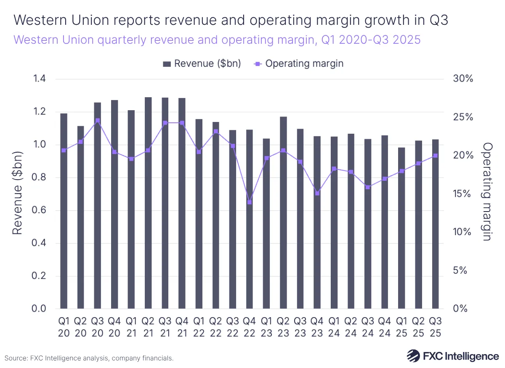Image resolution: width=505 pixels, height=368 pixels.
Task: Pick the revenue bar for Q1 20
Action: (x=64, y=211)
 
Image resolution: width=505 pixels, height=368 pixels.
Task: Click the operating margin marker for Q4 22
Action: (x=250, y=202)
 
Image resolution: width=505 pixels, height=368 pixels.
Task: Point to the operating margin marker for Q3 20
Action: (x=98, y=120)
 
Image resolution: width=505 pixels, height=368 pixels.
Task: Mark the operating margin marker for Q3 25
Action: (x=436, y=156)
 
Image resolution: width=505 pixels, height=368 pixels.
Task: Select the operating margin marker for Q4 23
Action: (x=317, y=193)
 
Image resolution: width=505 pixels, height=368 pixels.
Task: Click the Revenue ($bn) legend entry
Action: (x=202, y=64)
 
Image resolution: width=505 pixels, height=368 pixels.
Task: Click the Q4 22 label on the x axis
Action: (x=250, y=326)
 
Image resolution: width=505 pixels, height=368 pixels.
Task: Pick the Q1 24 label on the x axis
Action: (x=334, y=326)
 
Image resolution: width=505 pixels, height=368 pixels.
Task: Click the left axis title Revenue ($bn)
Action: (x=17, y=194)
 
